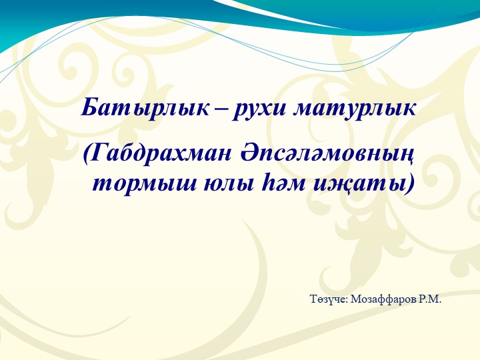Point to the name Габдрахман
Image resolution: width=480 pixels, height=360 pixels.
click(159, 154)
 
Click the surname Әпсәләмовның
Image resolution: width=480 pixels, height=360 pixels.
click(325, 154)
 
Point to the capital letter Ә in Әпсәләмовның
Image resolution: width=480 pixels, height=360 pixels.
click(247, 154)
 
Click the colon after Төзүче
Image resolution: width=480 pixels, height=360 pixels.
click(346, 301)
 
